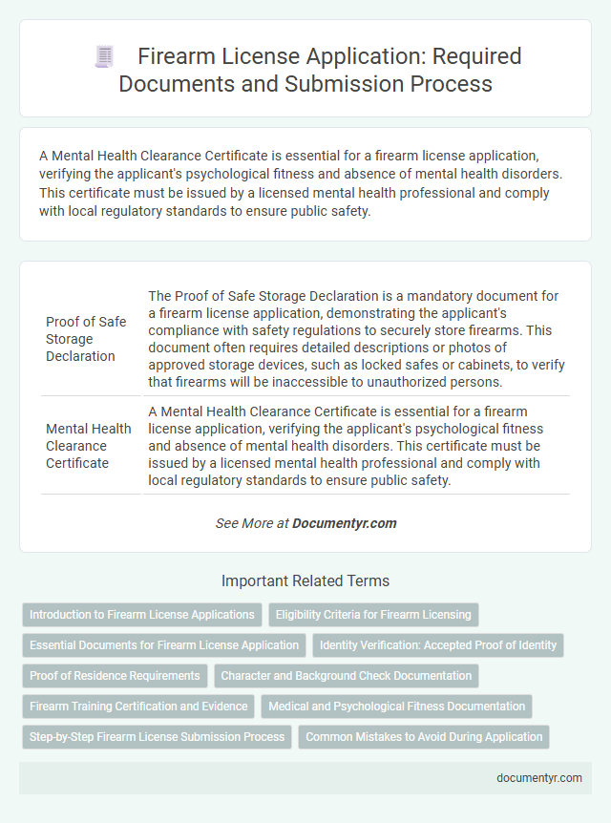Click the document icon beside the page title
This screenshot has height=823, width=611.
tap(104, 56)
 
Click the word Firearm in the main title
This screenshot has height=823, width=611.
tap(178, 56)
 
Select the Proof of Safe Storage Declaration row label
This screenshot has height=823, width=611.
tap(86, 339)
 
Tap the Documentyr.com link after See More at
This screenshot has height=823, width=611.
tap(344, 523)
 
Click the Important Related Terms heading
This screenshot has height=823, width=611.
tap(305, 580)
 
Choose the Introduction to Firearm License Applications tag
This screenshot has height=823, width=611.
tap(142, 615)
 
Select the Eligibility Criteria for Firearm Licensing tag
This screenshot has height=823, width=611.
tap(373, 615)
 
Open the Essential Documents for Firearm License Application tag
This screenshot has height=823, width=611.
tap(164, 645)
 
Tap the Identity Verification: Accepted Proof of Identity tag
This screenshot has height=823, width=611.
tap(438, 645)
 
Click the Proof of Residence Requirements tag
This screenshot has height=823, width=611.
tap(115, 676)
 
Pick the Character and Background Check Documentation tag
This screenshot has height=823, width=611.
tap(346, 676)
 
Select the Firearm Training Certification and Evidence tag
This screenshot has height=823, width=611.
tap(138, 707)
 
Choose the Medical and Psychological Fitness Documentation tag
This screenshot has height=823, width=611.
tap(396, 707)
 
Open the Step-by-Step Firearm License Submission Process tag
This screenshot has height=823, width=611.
tap(158, 737)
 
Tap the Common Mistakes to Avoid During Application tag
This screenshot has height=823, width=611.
tap(424, 737)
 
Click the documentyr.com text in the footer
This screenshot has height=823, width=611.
tap(539, 778)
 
